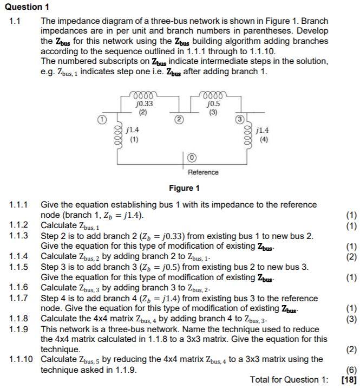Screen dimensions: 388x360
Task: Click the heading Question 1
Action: (x=26, y=7)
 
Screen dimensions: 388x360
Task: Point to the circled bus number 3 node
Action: (x=237, y=118)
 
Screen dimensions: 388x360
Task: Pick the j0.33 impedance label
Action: (x=143, y=104)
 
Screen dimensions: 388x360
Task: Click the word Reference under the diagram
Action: (x=204, y=172)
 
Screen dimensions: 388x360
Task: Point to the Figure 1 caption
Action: (x=184, y=188)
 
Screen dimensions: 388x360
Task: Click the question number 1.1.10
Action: (x=21, y=359)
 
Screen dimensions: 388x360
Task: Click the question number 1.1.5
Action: (x=19, y=267)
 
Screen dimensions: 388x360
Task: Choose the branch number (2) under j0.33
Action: (x=143, y=112)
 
